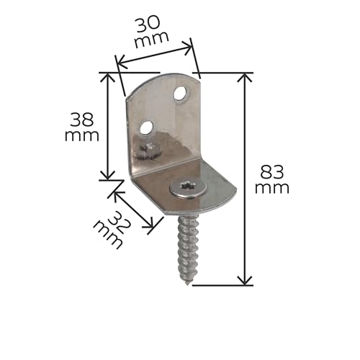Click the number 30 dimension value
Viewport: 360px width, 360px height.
[148, 24]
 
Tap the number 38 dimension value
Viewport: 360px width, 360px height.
[82, 120]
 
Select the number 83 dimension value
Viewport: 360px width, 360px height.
[272, 172]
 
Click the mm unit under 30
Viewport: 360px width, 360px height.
[152, 40]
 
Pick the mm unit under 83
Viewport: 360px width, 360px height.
[272, 188]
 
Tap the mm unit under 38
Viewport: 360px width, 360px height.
[82, 136]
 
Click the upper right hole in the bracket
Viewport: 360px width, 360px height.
[181, 94]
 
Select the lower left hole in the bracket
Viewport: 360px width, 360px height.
[147, 127]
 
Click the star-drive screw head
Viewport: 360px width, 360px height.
[188, 188]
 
